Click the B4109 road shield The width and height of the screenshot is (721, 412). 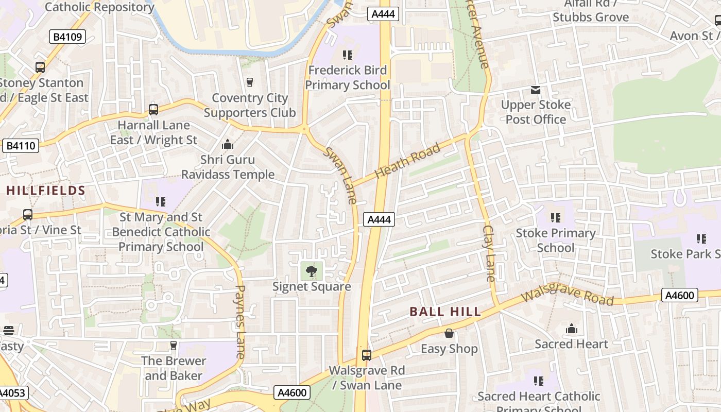[x=67, y=37]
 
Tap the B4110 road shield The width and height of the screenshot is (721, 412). [x=21, y=146]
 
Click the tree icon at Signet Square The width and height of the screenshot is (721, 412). [x=312, y=271]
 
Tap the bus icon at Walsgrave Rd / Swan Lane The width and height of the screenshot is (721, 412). [x=367, y=355]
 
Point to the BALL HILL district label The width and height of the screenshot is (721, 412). [x=445, y=312]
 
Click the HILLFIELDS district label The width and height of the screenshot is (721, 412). [x=46, y=191]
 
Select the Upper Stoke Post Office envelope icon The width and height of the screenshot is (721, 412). [x=536, y=91]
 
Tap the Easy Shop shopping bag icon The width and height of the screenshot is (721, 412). [x=449, y=333]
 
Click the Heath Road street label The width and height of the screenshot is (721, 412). [x=407, y=161]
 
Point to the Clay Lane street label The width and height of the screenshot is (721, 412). [x=489, y=253]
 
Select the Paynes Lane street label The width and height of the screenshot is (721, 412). [x=240, y=322]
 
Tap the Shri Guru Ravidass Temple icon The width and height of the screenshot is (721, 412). [x=227, y=144]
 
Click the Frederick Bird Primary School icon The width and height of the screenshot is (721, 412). [x=348, y=55]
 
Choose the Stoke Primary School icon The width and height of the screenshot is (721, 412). [x=555, y=218]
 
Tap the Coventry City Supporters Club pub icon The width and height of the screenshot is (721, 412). [x=250, y=82]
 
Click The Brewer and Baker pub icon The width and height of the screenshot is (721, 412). [x=174, y=345]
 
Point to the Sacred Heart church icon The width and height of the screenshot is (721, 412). [x=572, y=329]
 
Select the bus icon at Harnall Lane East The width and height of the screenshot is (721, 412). [x=153, y=109]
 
